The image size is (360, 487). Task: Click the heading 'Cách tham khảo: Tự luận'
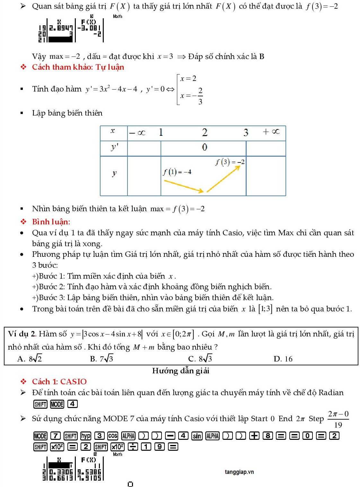(x=78, y=67)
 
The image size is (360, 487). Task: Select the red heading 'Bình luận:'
(x=51, y=222)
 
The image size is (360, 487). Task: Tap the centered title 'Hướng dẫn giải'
(x=180, y=371)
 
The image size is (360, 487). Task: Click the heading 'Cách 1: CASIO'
(x=59, y=381)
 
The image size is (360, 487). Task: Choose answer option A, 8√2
(x=30, y=359)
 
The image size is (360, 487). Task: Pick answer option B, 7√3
(x=101, y=359)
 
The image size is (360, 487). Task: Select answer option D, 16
(x=283, y=359)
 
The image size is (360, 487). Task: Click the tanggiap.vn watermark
(x=239, y=472)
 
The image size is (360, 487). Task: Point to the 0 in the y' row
(x=205, y=147)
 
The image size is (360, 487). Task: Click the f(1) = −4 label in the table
(x=177, y=172)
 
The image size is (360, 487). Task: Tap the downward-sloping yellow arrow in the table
(x=183, y=186)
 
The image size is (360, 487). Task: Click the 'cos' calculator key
(x=112, y=436)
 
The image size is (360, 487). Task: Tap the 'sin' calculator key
(x=197, y=436)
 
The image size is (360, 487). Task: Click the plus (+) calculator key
(x=254, y=436)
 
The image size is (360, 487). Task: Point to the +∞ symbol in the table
(x=271, y=132)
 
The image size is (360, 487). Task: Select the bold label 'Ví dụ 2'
(x=22, y=334)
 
